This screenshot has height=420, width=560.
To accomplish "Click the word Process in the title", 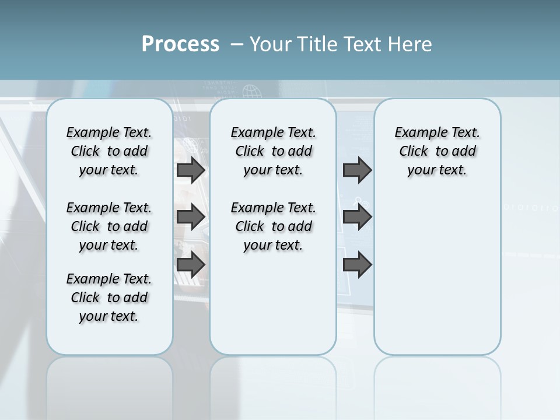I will click(180, 44).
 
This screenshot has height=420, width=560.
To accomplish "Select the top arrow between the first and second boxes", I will click(191, 170).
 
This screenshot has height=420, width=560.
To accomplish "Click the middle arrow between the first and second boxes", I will click(191, 217).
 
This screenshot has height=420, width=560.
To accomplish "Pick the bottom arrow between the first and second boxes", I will click(191, 264).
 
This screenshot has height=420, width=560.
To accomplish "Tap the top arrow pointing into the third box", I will click(357, 170).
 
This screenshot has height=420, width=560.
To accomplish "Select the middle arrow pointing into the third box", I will click(357, 217).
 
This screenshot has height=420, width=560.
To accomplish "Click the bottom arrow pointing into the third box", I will click(357, 264).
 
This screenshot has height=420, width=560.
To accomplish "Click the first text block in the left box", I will click(109, 151).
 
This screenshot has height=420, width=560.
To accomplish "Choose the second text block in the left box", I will click(109, 226).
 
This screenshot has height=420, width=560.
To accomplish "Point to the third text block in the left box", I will click(109, 297).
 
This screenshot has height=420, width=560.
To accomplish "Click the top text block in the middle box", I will click(273, 151).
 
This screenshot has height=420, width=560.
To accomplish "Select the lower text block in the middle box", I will click(273, 226).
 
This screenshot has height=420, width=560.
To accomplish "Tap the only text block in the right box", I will click(437, 151).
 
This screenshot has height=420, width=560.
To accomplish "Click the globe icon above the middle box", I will click(251, 92).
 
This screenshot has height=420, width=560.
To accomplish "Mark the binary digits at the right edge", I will click(531, 208).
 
